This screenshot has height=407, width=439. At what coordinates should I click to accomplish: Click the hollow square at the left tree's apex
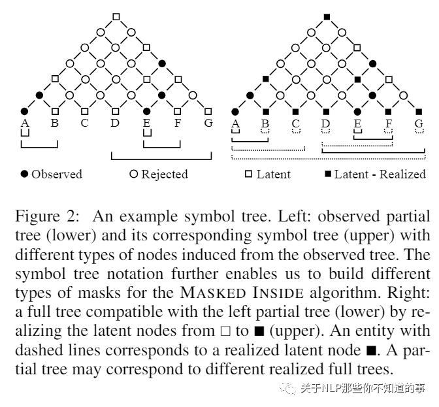click(116, 16)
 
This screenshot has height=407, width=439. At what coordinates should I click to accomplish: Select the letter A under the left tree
click(25, 122)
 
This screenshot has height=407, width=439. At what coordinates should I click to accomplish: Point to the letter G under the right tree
click(419, 122)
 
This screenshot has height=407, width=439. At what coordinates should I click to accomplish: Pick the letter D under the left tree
click(115, 122)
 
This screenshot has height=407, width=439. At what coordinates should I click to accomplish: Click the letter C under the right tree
click(295, 122)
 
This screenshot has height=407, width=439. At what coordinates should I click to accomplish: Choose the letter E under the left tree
click(146, 122)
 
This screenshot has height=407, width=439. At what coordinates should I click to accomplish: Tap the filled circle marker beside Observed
click(25, 174)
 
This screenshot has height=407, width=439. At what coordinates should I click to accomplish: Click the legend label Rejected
click(164, 174)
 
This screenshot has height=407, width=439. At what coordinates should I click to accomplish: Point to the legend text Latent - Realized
click(378, 174)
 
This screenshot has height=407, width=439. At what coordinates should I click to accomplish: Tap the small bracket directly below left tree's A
click(25, 134)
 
